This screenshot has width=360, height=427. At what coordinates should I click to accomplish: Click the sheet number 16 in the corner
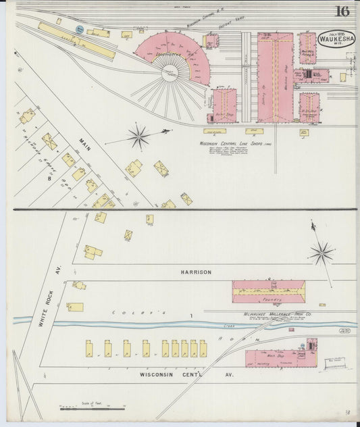[342, 11]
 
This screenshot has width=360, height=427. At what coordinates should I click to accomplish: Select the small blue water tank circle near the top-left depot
[80, 30]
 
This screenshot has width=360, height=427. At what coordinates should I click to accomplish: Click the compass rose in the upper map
[139, 136]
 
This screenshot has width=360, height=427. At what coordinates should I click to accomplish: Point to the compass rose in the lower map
[321, 254]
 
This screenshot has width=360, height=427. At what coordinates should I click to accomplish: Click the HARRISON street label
[195, 272]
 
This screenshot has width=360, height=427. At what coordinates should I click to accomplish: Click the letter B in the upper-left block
[49, 178]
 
